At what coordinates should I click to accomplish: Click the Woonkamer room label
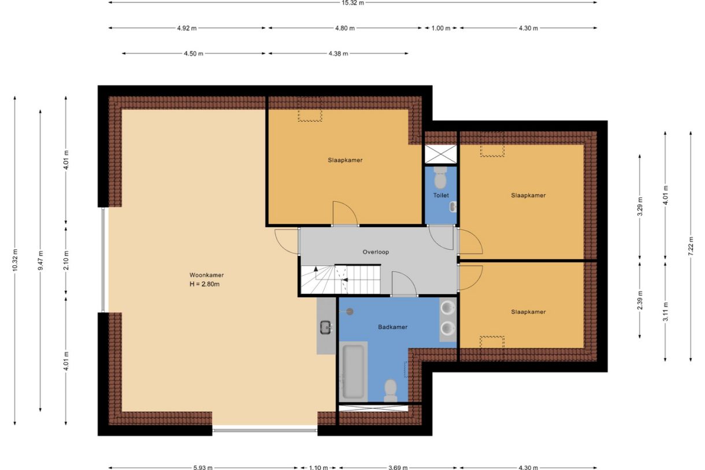click(x=206, y=275)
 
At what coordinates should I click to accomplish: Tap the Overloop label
click(x=376, y=252)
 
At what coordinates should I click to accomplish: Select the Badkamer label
click(x=392, y=327)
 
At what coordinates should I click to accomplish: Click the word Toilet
click(x=440, y=195)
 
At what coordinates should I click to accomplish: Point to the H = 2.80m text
click(x=204, y=284)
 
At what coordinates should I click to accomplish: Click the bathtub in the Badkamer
click(x=353, y=372)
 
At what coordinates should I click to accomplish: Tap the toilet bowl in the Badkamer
click(x=391, y=391)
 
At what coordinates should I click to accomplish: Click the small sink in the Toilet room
click(x=453, y=207)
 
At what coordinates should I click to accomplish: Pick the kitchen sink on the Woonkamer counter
click(x=325, y=327)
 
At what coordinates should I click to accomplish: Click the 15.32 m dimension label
click(x=352, y=3)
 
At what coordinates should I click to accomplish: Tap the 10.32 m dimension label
click(x=15, y=260)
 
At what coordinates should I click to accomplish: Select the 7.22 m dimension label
click(x=691, y=246)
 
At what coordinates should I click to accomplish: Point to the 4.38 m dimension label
click(x=338, y=54)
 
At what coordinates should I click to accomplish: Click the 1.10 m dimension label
click(x=318, y=467)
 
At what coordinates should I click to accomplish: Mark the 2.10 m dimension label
click(x=66, y=260)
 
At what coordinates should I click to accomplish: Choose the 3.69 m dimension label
click(x=398, y=467)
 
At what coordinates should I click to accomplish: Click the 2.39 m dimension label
click(x=640, y=300)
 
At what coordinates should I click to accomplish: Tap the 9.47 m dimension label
click(x=40, y=260)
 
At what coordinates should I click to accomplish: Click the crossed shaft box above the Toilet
click(x=440, y=154)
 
